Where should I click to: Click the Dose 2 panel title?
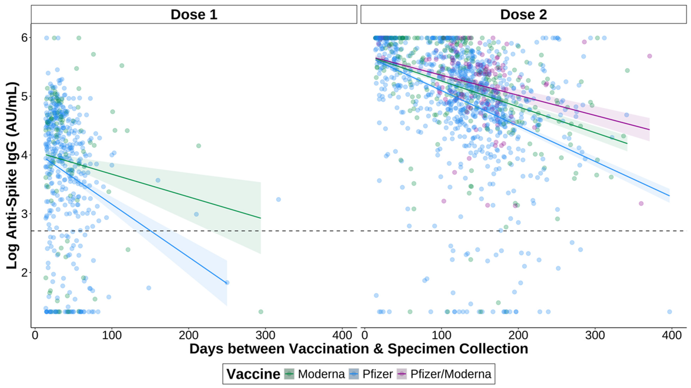[523, 14]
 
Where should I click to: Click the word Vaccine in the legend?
[253, 374]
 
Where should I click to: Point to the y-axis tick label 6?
[25, 38]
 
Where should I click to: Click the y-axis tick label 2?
[25, 273]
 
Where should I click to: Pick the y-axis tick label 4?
[25, 155]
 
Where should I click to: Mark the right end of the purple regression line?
[649, 130]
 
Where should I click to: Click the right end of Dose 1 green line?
[261, 218]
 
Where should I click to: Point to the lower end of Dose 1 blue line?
[227, 283]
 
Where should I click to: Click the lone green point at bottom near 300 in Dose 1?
[261, 312]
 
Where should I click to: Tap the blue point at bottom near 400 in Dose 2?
[669, 312]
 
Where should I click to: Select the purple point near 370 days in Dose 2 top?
[649, 56]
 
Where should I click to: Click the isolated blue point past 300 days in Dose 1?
[278, 199]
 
